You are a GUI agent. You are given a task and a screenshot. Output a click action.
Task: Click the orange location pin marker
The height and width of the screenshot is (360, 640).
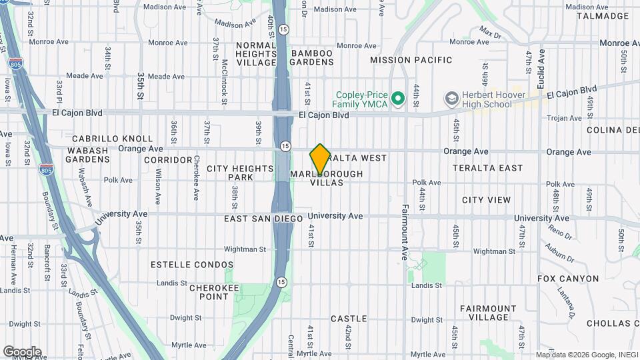(x=320, y=159)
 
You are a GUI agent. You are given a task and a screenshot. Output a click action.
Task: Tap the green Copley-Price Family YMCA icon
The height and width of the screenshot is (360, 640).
(x=399, y=99)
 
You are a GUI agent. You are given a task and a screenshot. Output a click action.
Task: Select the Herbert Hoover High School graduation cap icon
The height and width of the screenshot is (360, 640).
(x=451, y=99)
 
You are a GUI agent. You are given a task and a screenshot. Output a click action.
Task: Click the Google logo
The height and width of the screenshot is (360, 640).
(x=22, y=352)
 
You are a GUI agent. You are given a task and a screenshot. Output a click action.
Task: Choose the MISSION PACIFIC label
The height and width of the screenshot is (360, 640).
(x=411, y=60)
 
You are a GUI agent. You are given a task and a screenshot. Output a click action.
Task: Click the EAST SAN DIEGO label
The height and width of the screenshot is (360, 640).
(x=263, y=219)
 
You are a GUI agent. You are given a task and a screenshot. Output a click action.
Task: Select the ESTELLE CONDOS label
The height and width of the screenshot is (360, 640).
(x=192, y=265)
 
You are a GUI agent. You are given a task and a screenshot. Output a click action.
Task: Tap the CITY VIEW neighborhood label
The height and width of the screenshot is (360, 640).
(x=486, y=200)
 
